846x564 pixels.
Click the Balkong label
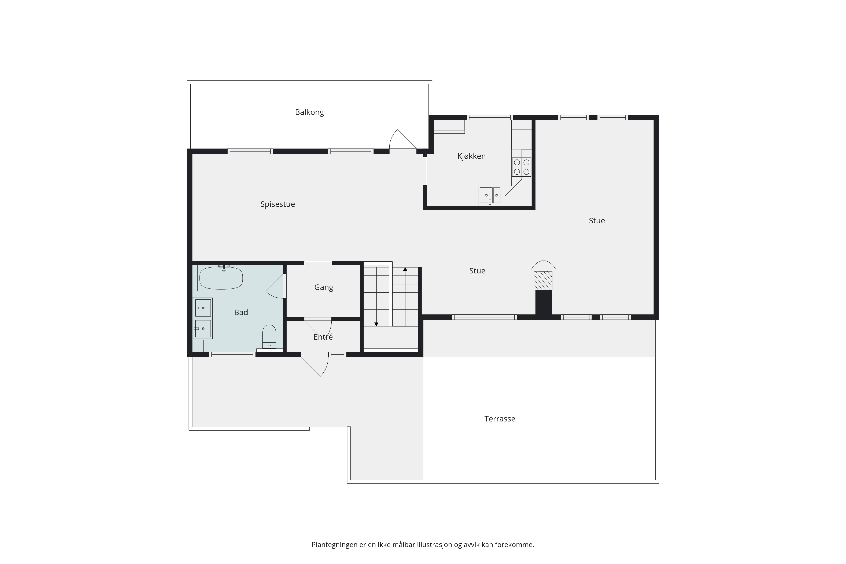pos(309,112)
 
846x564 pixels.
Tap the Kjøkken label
pos(471,156)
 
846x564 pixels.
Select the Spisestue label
pos(278,204)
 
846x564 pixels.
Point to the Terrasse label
pos(500,419)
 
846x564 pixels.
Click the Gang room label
pos(324,287)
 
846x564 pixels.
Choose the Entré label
pos(323,337)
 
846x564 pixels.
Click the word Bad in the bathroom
pos(241,313)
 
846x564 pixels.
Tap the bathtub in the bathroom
pos(221,278)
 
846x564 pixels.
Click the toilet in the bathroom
pos(269,336)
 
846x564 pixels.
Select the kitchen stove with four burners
pos(522,167)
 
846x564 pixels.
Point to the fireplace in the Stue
pos(544,276)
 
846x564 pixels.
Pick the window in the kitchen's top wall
pos(490,117)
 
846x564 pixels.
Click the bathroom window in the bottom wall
pos(232,355)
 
